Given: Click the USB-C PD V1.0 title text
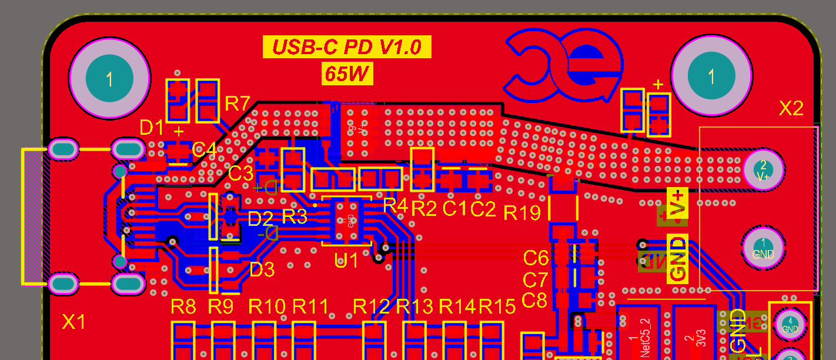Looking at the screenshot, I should coord(347,47).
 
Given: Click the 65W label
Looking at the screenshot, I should coord(347,74).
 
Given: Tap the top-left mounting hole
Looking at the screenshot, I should coord(109,78).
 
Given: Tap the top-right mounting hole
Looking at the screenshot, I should coord(711,76).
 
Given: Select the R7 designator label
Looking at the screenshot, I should coord(238,104).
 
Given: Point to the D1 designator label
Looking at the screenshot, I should coord(152,127).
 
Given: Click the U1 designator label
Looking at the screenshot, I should coord(346,259).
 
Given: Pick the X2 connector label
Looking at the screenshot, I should coord(791,108).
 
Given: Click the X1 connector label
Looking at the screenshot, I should coord(74,321).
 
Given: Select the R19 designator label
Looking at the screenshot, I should coord(522,213).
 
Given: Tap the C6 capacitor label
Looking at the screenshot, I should coord(535,258).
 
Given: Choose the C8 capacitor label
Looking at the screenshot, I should coord(534,300).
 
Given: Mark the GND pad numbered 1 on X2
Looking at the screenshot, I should coord(763,248).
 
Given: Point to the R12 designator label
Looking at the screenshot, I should coord(371,306).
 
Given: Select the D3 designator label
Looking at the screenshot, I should coord(262,269).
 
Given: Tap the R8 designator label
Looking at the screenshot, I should coord(183,306).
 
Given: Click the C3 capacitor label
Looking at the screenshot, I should coord(240,174).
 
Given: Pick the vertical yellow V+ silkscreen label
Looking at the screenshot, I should coord(678,203).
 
